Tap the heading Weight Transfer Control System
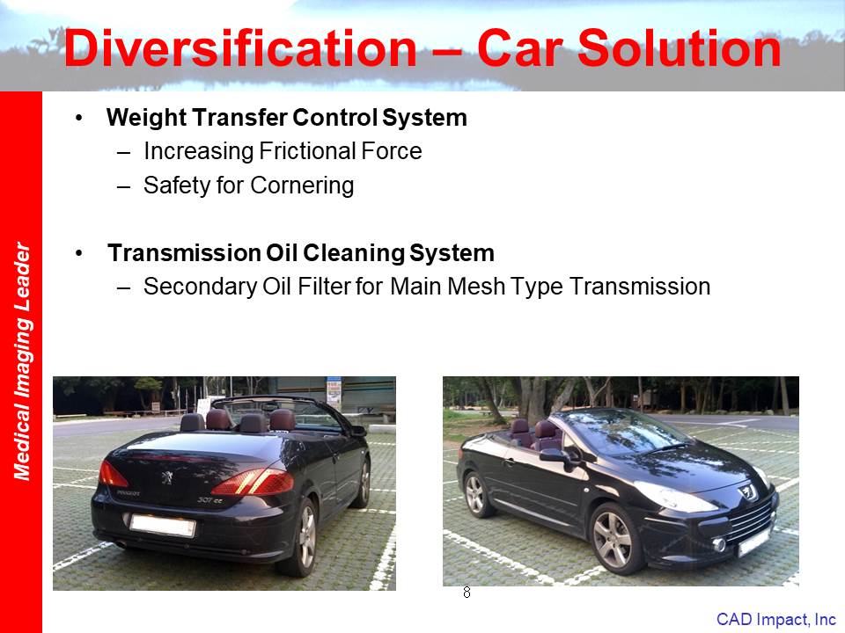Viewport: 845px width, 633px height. pyautogui.click(x=287, y=118)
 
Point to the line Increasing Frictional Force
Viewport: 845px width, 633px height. pyautogui.click(x=283, y=151)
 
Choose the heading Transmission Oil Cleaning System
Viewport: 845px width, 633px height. pyautogui.click(x=301, y=253)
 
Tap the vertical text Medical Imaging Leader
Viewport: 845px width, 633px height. pyautogui.click(x=22, y=360)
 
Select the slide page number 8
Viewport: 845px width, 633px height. pyautogui.click(x=467, y=593)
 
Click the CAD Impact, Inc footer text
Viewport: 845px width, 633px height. pyautogui.click(x=776, y=619)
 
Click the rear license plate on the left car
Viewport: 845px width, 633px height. pyautogui.click(x=162, y=526)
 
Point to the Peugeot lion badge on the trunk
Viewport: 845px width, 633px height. pyautogui.click(x=167, y=477)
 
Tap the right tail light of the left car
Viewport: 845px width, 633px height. pyautogui.click(x=254, y=482)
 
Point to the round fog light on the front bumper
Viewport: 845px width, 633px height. pyautogui.click(x=719, y=545)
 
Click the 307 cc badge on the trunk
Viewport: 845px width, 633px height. pyautogui.click(x=209, y=500)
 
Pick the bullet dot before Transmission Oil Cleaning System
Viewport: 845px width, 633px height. pyautogui.click(x=79, y=253)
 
